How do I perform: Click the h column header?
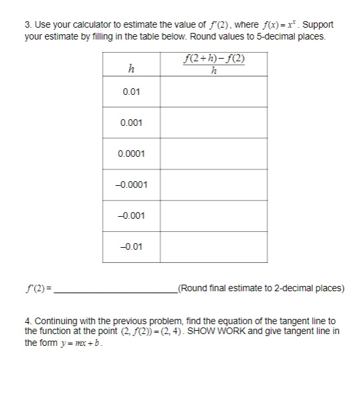tap(131, 67)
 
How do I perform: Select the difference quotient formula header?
tap(213, 66)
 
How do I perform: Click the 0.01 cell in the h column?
tap(131, 91)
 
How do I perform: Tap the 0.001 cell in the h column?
tap(131, 123)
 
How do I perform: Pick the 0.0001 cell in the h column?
tap(131, 154)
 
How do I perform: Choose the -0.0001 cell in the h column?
tap(131, 184)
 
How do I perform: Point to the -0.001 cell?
tap(131, 215)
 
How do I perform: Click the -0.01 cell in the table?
tap(131, 247)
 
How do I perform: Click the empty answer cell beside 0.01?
tap(213, 91)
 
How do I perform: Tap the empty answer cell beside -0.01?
tap(213, 247)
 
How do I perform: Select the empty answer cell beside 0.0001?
tap(213, 154)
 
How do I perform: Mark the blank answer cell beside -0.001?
tap(213, 215)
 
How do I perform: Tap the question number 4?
tap(27, 320)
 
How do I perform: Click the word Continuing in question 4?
tap(56, 320)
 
